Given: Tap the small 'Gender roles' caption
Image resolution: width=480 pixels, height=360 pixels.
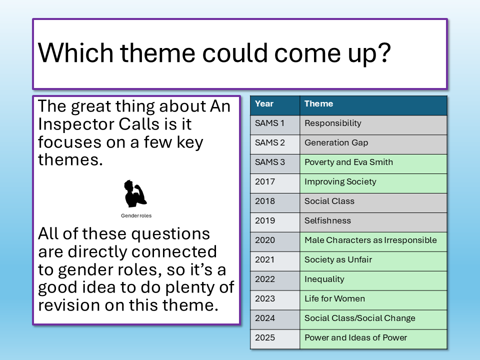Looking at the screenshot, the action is (136, 215).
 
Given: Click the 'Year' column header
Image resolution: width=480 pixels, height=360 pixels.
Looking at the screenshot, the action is (275, 105).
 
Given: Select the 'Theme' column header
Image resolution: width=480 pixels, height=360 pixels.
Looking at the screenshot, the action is (373, 105).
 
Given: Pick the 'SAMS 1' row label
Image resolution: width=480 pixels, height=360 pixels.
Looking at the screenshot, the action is (275, 125).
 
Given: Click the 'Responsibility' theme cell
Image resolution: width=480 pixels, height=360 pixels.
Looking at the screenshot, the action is (373, 125).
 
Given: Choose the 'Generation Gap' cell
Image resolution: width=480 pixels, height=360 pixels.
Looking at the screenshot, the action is (373, 144).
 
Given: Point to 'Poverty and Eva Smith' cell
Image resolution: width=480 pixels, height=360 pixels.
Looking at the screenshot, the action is (373, 164).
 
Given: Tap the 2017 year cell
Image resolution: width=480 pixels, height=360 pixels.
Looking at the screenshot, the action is (275, 183).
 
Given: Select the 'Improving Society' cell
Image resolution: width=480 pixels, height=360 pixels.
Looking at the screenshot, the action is (373, 183).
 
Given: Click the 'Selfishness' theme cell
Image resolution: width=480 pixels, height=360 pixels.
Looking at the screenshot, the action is (373, 222).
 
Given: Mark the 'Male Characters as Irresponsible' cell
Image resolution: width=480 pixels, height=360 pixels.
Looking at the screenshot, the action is (373, 242).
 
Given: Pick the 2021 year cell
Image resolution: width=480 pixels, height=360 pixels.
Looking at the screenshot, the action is (275, 261).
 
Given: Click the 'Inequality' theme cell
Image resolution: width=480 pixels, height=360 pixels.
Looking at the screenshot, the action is (373, 281).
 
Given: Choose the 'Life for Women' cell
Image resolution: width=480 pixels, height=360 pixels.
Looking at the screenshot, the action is (373, 300).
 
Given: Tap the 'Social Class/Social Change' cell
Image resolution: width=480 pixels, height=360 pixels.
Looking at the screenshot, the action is (373, 320).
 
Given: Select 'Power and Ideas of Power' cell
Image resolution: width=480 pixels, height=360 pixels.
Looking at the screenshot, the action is (373, 339).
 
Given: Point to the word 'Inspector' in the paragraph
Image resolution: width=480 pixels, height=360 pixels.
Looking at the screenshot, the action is (76, 125).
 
